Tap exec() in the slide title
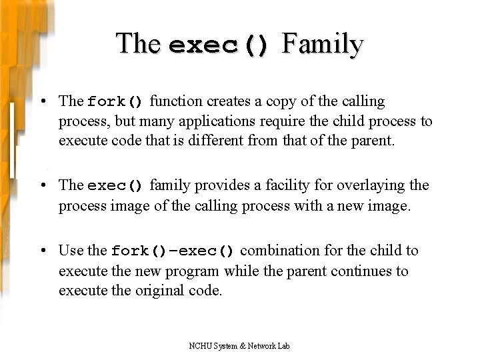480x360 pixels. [219, 45]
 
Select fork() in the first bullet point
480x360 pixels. [115, 102]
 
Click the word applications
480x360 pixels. [223, 121]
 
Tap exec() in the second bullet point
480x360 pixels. [115, 185]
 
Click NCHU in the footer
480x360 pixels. [199, 346]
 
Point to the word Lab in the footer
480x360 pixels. [283, 346]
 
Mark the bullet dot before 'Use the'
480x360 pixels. [41, 251]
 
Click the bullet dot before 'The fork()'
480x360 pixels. [41, 101]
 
